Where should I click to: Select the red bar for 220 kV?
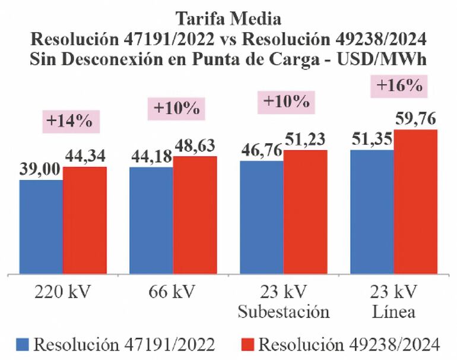click(85, 220)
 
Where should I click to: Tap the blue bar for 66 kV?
click(151, 220)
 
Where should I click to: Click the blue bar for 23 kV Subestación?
click(261, 217)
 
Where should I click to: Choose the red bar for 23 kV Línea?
click(415, 202)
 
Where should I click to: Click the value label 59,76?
click(415, 119)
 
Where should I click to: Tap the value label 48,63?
click(195, 146)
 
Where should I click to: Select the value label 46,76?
click(261, 150)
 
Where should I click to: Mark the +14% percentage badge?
click(71, 121)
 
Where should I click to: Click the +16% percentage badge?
click(399, 86)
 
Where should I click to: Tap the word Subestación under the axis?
click(284, 311)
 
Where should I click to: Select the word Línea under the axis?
click(393, 311)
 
